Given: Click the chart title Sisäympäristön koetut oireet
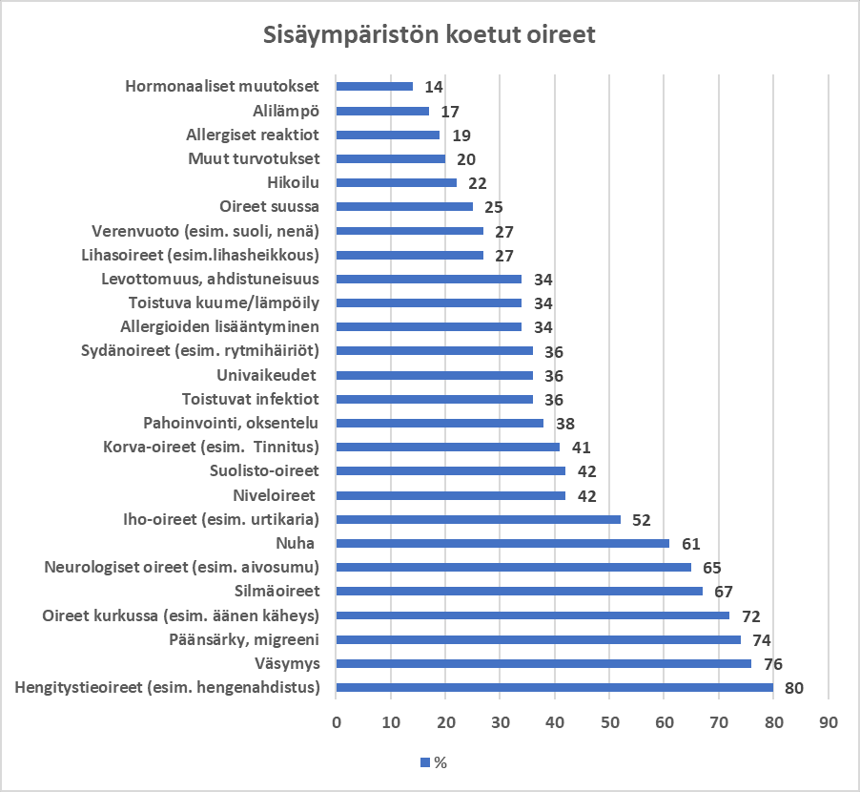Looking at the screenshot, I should (x=429, y=36).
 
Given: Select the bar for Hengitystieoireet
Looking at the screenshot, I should (x=554, y=687).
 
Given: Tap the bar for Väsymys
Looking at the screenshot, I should (x=543, y=663).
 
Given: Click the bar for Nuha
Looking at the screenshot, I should (x=502, y=543).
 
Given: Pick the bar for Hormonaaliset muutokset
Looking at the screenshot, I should (x=375, y=87).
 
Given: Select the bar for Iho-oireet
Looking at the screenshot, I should (x=478, y=519).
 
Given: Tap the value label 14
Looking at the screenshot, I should (x=433, y=87).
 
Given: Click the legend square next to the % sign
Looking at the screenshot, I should (x=425, y=762).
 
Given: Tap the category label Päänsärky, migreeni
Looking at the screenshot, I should (x=245, y=639).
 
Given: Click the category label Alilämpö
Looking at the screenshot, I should (x=286, y=111).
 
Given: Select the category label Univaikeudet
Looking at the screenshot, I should (x=267, y=375).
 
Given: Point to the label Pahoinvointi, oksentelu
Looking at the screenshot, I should (x=231, y=423).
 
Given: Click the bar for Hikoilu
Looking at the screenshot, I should (x=397, y=182).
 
